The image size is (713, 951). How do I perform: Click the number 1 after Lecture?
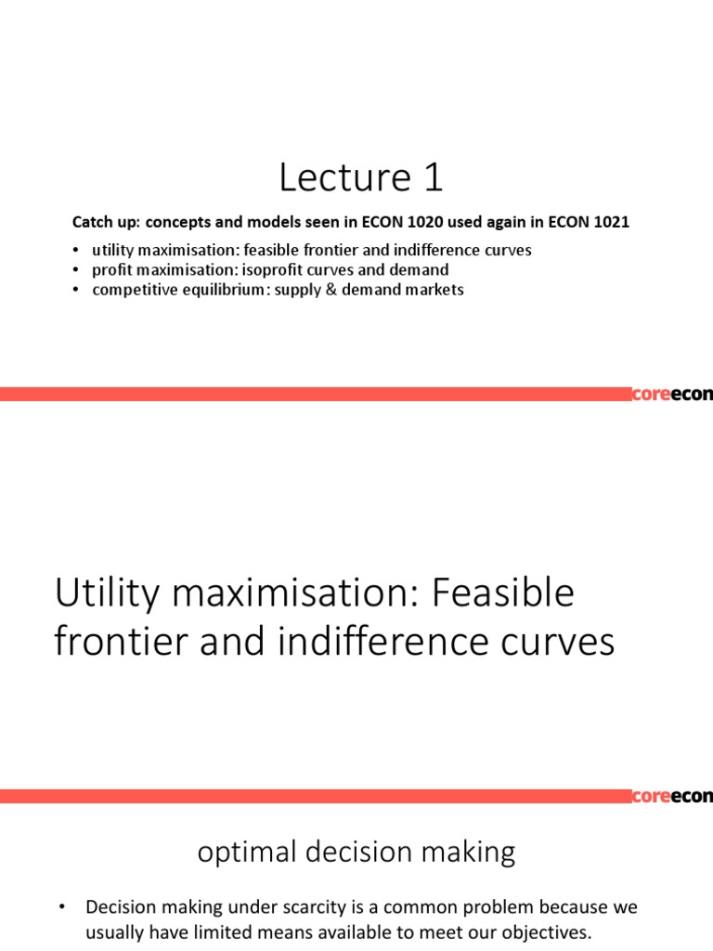(431, 178)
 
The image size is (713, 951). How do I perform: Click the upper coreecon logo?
(672, 395)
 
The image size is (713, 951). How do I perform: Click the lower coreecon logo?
(672, 796)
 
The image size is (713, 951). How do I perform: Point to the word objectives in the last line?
(541, 931)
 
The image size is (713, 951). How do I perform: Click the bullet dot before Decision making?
(61, 906)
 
